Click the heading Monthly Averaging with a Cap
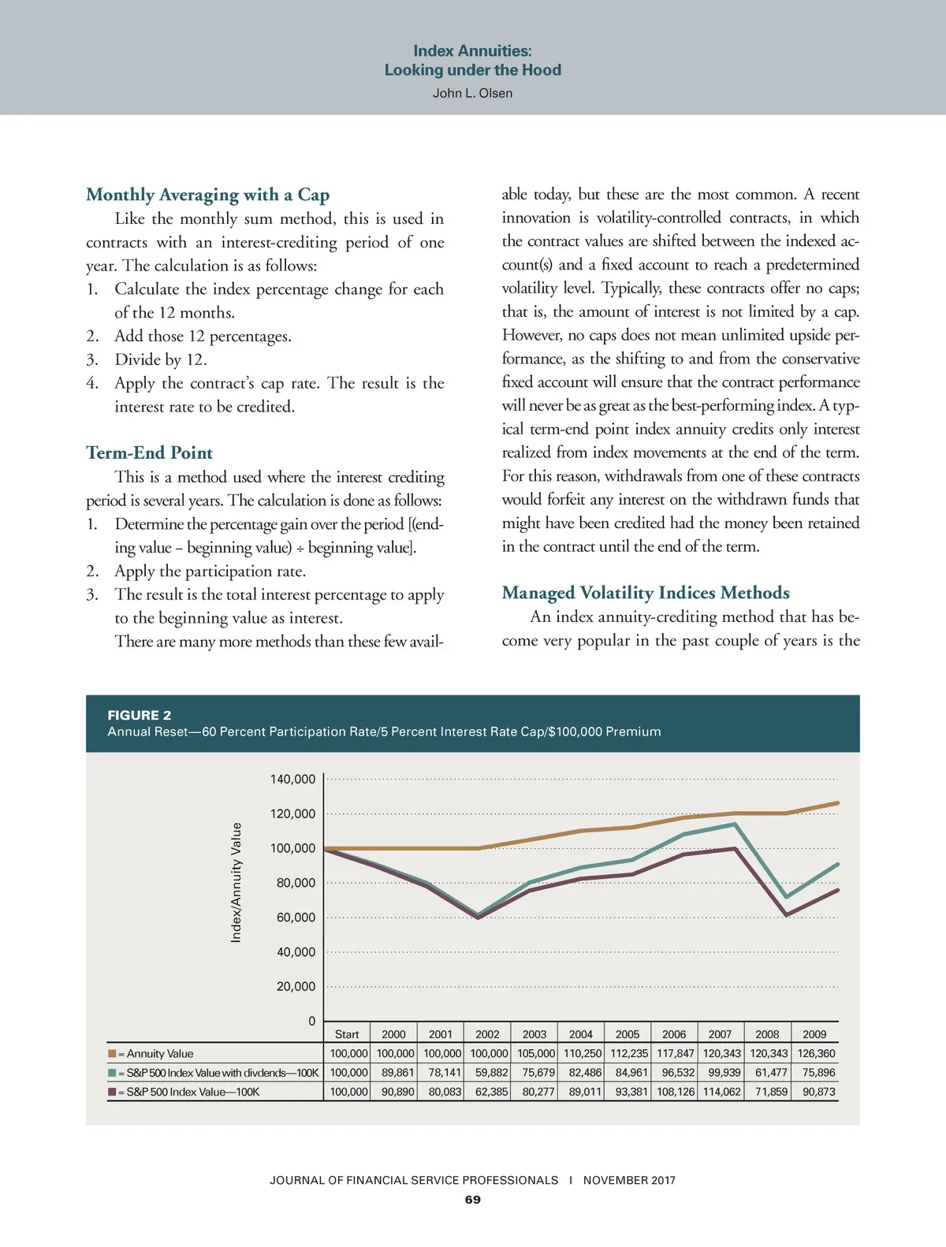(207, 195)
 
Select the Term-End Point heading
(149, 452)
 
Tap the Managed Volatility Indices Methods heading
(646, 593)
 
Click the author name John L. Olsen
(472, 93)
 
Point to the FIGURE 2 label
(139, 715)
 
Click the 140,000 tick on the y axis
(292, 779)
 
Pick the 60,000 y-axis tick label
(296, 918)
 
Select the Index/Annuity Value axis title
(236, 882)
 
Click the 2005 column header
(628, 1034)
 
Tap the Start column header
(347, 1034)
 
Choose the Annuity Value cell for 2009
(816, 1054)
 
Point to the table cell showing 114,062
(721, 1092)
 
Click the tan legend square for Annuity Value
(112, 1053)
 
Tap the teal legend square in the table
(112, 1073)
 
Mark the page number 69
(472, 1200)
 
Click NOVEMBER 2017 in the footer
(629, 1180)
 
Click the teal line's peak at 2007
(735, 825)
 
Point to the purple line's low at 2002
(479, 918)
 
